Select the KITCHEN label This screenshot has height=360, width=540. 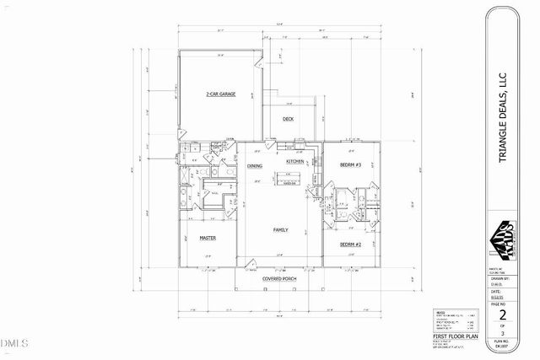coord(295,161)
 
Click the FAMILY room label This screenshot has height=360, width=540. coord(281,229)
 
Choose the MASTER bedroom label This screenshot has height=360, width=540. coord(208,239)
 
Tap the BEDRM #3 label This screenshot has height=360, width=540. coord(350,164)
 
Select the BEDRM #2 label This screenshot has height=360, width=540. coord(350,244)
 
